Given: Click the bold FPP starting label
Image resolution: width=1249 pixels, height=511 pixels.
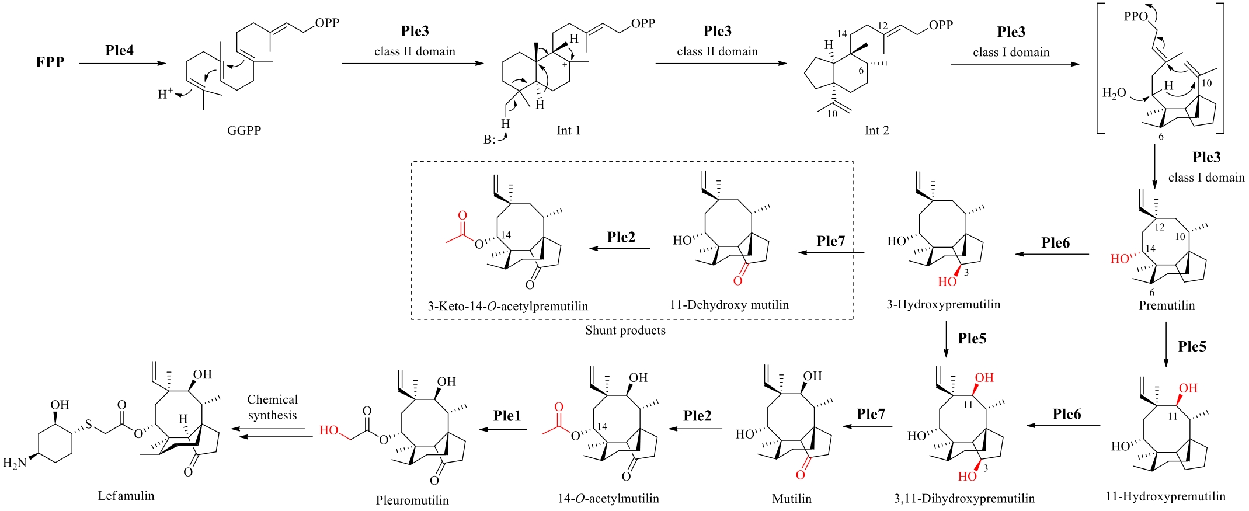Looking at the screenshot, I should point(50,62).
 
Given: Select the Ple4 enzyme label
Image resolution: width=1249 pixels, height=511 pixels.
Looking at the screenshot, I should point(120,50).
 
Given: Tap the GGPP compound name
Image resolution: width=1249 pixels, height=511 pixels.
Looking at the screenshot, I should point(244,130).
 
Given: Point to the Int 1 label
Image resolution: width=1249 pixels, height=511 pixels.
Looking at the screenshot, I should point(568,130).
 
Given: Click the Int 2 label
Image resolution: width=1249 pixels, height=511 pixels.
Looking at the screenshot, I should point(876,130).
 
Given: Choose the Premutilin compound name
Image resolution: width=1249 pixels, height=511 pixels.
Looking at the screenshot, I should point(1167,305).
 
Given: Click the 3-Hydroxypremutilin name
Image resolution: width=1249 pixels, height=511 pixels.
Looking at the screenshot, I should point(943,304).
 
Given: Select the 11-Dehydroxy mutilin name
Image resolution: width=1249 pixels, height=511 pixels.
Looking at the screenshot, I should point(729,304).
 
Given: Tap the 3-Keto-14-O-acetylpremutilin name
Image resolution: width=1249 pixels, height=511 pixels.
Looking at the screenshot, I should point(507,305).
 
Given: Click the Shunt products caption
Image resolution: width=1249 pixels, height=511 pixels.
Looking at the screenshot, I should point(625,330).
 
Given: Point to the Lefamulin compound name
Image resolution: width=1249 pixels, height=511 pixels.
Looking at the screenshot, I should point(126,495).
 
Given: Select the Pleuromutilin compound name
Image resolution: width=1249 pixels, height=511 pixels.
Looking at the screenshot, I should point(412,500).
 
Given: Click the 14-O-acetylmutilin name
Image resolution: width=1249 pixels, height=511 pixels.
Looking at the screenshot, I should point(608,498).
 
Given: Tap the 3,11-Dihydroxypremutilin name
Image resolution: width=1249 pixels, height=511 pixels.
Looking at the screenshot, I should point(964,498).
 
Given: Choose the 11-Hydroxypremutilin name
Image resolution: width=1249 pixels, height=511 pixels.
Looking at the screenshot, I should point(1165,496).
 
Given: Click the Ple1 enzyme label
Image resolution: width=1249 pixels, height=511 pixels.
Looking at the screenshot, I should point(507,415).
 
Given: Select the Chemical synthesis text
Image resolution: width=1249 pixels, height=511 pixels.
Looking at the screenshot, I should point(272,407).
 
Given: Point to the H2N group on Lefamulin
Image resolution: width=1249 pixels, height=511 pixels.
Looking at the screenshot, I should point(15,463).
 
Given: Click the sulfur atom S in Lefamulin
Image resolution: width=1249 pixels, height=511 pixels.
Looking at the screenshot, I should point(89,424).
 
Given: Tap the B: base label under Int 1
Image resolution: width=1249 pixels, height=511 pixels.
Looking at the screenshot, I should point(489,140).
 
